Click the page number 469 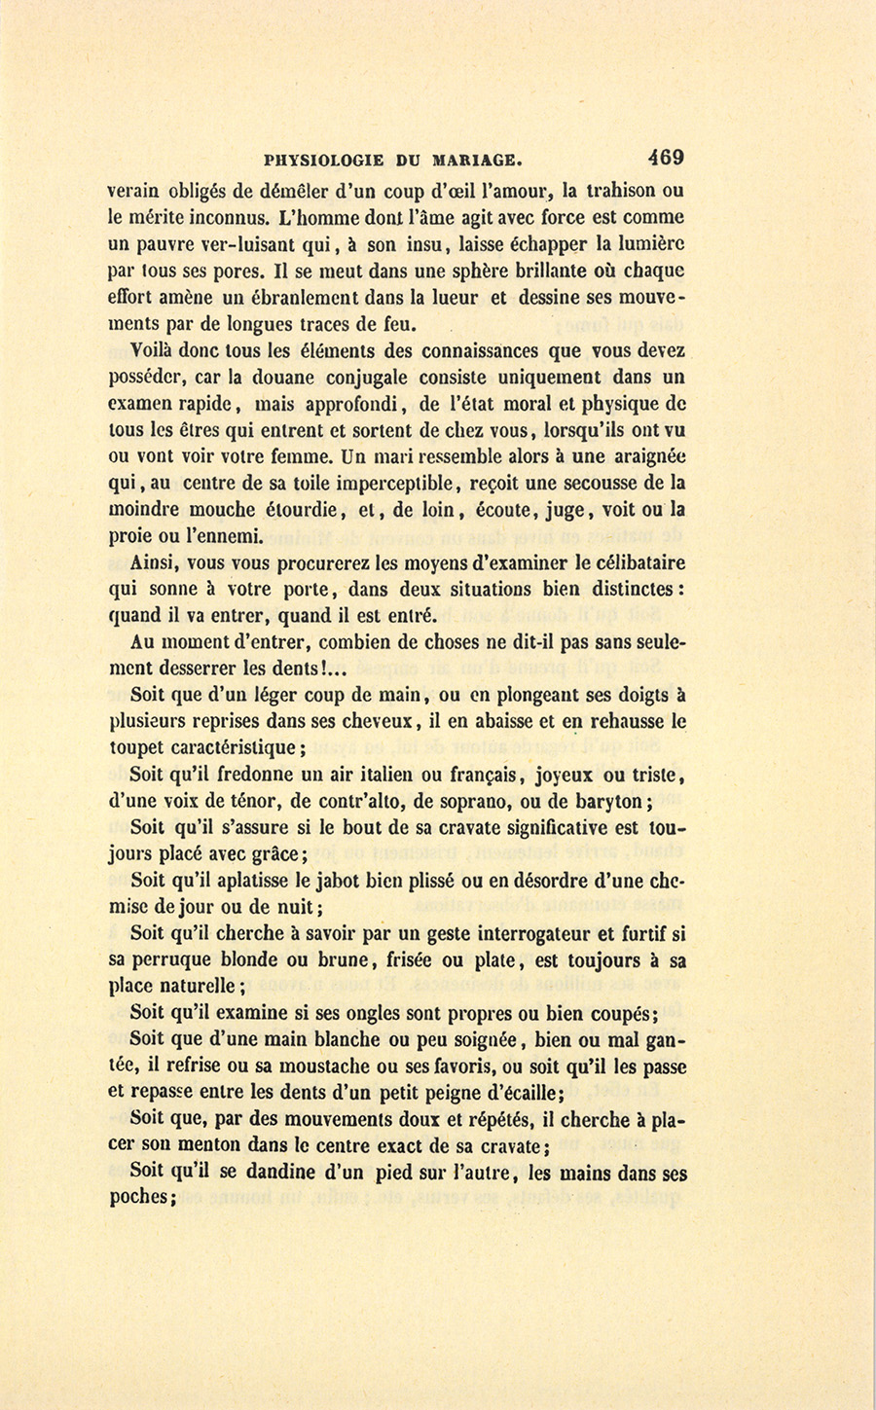(663, 157)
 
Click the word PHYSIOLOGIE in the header (322, 160)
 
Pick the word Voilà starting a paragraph (156, 351)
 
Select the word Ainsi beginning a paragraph (152, 562)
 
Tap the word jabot (323, 881)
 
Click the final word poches (140, 1199)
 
